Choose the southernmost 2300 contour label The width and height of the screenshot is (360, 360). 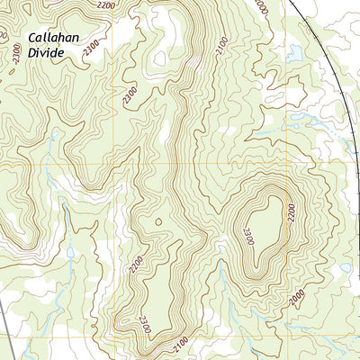pyautogui.click(x=144, y=324)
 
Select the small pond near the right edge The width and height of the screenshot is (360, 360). pyautogui.click(x=344, y=267)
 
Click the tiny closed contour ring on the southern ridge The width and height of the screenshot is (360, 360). pyautogui.click(x=158, y=220)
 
